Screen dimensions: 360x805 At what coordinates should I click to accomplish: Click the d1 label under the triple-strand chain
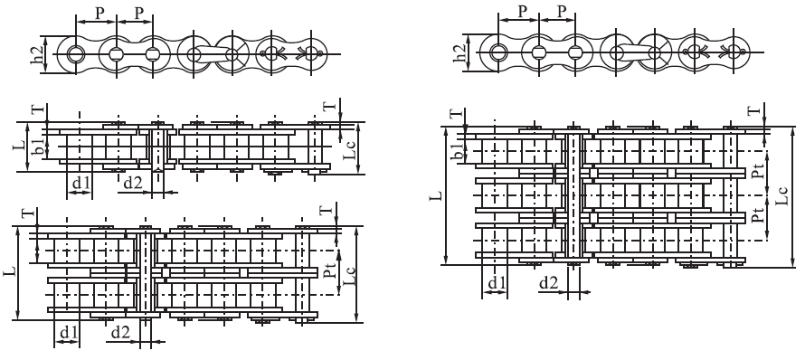pyautogui.click(x=496, y=283)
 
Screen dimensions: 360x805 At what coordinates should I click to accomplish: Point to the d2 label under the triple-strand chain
pyautogui.click(x=548, y=283)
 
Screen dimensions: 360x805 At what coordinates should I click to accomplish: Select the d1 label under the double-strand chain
pyautogui.click(x=66, y=334)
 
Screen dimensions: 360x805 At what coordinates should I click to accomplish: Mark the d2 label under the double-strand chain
pyautogui.click(x=118, y=334)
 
